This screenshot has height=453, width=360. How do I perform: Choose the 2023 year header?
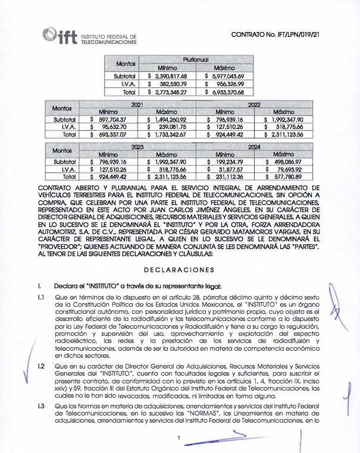pyautogui.click(x=139, y=146)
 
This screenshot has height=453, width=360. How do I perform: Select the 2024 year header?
pyautogui.click(x=254, y=146)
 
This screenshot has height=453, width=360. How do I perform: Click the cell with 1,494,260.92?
pyautogui.click(x=167, y=119)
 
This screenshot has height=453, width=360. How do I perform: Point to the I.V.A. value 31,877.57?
pyautogui.click(x=227, y=169)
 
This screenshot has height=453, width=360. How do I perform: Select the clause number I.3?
pyautogui.click(x=40, y=405)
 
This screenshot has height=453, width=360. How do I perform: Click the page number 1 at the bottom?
pyautogui.click(x=179, y=439)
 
